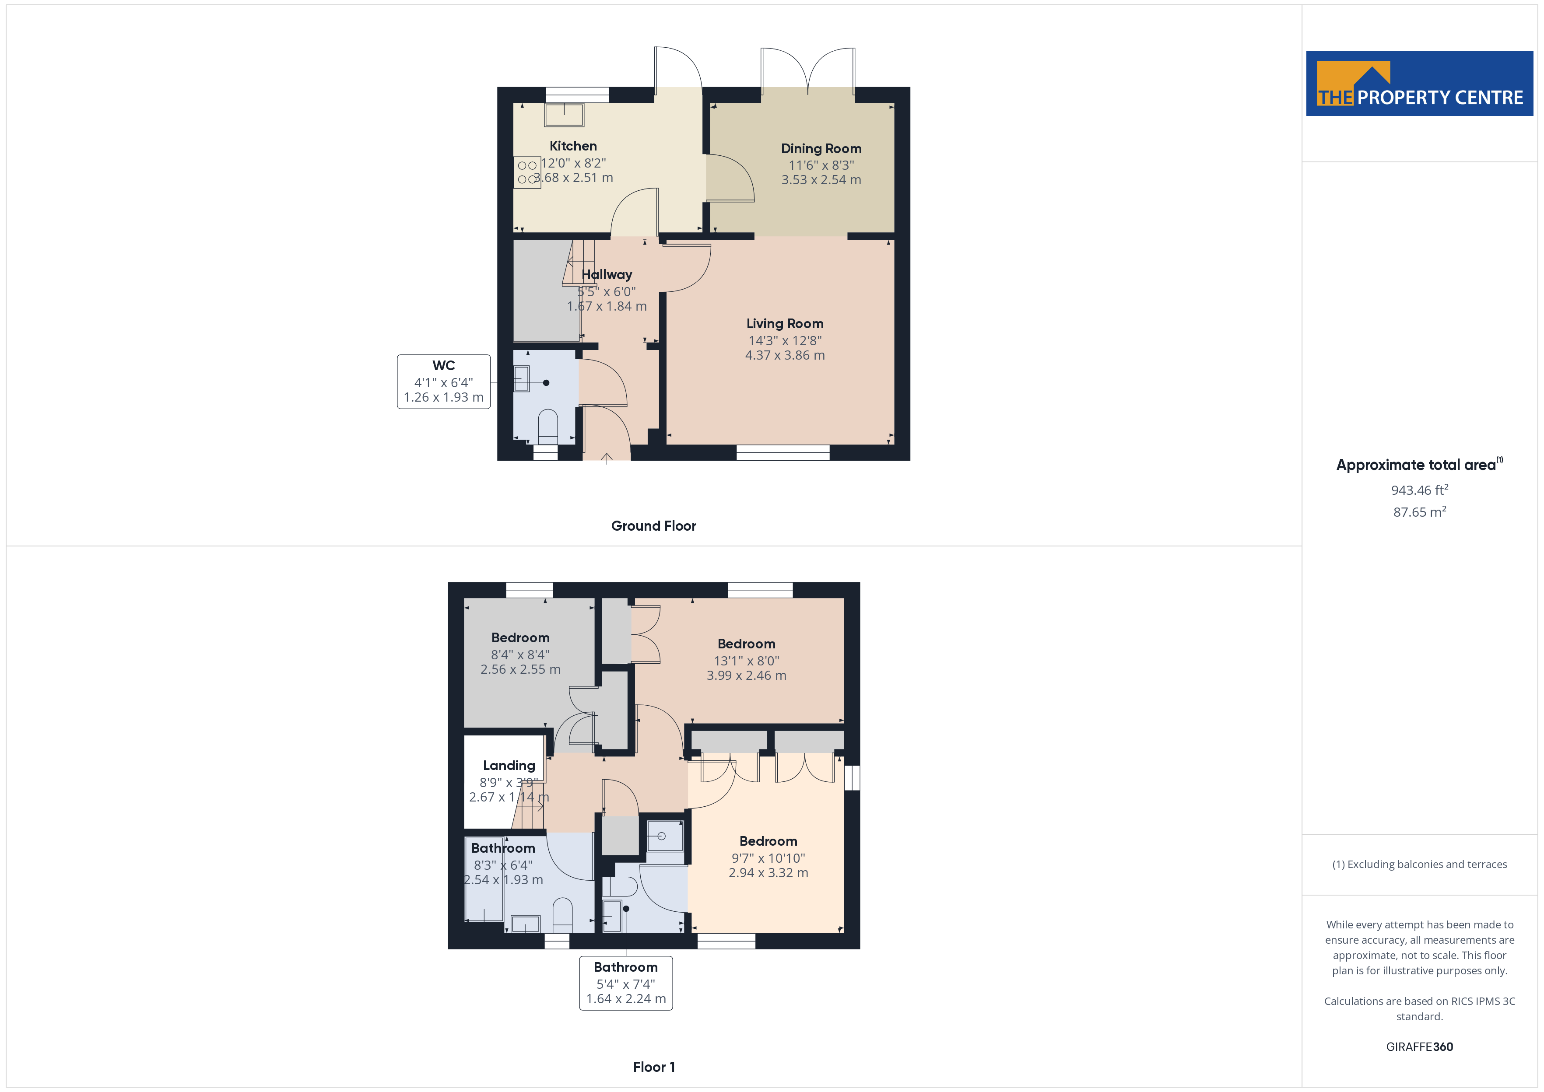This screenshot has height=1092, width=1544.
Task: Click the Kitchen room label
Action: pos(573,146)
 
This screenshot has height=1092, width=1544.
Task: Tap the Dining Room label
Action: pos(821,149)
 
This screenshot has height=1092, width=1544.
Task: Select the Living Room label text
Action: pos(785,323)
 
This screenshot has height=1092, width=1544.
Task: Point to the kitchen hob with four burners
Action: pos(528,172)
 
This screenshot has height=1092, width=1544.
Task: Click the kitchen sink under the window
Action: pos(564,115)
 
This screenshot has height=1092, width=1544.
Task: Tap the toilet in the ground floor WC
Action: pos(548,427)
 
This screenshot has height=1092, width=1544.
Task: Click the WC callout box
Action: pos(444,381)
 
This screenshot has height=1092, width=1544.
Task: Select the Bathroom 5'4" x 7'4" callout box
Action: pos(626,983)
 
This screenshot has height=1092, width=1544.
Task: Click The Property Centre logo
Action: pos(1420,84)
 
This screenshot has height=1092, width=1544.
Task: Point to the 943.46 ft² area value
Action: pos(1420,490)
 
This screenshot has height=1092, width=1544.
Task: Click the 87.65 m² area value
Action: pos(1420,512)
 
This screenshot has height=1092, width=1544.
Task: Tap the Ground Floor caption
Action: pos(654,526)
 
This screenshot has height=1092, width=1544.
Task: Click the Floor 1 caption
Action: pos(654,1067)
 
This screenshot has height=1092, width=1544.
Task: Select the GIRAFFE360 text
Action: pos(1420,1047)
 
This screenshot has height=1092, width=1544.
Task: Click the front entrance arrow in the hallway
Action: pos(607,458)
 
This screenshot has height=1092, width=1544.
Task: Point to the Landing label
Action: pos(509,765)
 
